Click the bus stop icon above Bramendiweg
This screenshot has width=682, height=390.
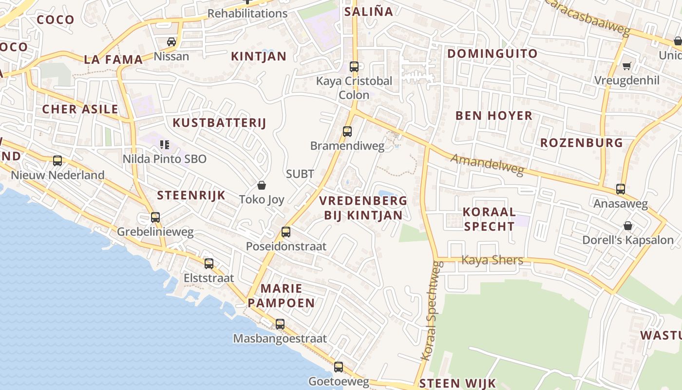click(347, 131)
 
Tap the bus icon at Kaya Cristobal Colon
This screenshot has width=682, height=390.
click(354, 67)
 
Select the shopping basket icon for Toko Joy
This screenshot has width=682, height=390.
click(262, 185)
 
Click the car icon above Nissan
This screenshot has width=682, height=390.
click(171, 42)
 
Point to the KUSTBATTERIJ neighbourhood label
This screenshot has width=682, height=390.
click(219, 123)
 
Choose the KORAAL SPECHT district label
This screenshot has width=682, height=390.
click(489, 219)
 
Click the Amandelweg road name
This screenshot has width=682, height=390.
click(487, 164)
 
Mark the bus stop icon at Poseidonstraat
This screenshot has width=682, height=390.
click(286, 232)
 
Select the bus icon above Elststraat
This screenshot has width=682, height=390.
click(209, 264)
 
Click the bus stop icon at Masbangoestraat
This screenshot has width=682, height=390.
click(280, 324)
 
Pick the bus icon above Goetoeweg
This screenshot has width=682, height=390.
click(339, 367)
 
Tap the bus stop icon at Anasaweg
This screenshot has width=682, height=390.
click(621, 189)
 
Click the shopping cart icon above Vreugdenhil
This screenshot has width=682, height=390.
click(627, 66)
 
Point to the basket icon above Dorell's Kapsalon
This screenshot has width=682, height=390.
click(628, 226)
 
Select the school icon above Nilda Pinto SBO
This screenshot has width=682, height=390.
click(165, 145)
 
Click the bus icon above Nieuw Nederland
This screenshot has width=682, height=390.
click(57, 161)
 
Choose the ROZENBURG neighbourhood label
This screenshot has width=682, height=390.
click(581, 143)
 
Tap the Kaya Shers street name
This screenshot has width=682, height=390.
click(492, 260)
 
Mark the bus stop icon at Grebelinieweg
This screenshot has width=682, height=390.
click(155, 217)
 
